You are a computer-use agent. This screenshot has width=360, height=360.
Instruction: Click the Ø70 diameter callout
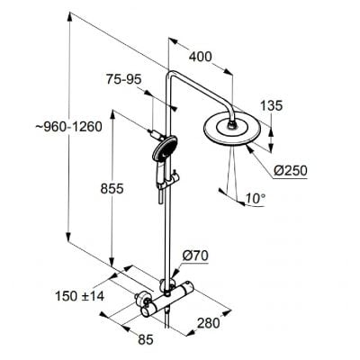tap(196, 256)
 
